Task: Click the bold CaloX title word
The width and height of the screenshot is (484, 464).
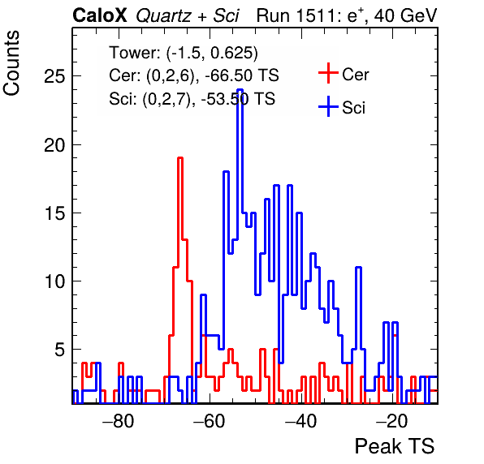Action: coord(100,15)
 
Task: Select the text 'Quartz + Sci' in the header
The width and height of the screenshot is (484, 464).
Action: coord(188,16)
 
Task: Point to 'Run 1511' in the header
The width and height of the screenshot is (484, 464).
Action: coord(297,15)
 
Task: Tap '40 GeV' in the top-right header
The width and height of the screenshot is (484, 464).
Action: coord(405,15)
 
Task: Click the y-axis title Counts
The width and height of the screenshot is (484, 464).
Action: coord(11,63)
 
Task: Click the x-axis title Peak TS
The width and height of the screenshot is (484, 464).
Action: coord(395,446)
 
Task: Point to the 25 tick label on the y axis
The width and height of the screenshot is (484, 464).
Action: coord(54,75)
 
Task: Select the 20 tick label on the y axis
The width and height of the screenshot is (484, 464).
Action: coord(54,145)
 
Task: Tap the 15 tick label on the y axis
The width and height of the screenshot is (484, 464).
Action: coord(54,213)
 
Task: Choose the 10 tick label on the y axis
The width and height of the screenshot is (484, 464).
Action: coord(54,281)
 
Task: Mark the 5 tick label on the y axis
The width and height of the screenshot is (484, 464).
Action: coord(60,350)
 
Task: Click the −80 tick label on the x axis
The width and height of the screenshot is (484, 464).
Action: coord(119,420)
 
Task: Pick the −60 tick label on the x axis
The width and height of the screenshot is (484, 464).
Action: coord(210,420)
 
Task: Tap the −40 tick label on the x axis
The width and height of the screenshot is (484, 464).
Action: coord(300,420)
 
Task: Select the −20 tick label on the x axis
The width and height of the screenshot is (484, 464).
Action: coord(392,420)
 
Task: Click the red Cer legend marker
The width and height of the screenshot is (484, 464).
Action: coord(328,73)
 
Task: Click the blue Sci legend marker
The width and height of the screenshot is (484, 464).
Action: coord(328,106)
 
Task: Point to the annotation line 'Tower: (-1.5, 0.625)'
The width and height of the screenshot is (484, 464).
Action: coord(184,53)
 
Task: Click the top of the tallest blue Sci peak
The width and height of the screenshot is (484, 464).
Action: coord(240,90)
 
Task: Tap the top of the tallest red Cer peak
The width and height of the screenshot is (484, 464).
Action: coord(180,158)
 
